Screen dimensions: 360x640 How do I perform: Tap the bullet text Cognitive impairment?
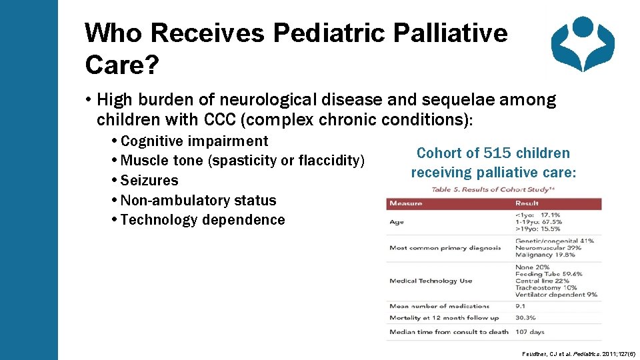pyautogui.click(x=195, y=141)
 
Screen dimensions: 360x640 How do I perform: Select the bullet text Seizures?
pyautogui.click(x=150, y=181)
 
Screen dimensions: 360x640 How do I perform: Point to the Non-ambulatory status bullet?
pyautogui.click(x=199, y=200)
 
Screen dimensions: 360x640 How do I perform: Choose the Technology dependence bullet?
pyautogui.click(x=203, y=220)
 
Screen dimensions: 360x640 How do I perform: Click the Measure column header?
pyautogui.click(x=405, y=203)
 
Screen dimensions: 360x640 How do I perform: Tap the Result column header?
pyautogui.click(x=527, y=203)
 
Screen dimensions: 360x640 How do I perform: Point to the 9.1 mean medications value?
pyautogui.click(x=521, y=306)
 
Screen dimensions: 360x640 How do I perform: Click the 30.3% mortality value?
pyautogui.click(x=526, y=318)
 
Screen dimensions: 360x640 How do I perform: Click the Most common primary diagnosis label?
pyautogui.click(x=445, y=248)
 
